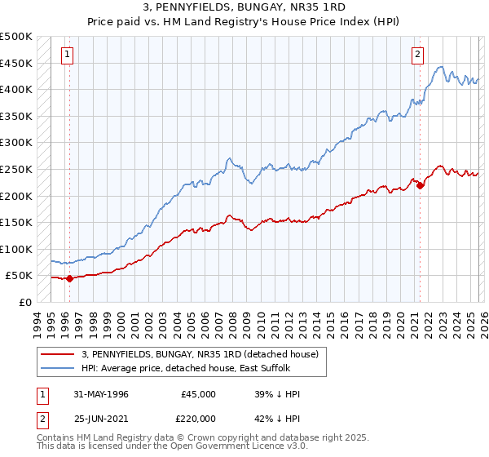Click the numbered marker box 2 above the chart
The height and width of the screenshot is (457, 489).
tap(417, 55)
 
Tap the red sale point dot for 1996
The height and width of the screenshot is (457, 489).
tap(69, 278)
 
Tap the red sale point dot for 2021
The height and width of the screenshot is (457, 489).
tap(420, 185)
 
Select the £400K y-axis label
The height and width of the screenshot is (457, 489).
tap(16, 89)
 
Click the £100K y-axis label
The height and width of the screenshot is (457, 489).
tap(16, 249)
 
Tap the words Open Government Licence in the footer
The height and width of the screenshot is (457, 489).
tap(236, 447)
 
